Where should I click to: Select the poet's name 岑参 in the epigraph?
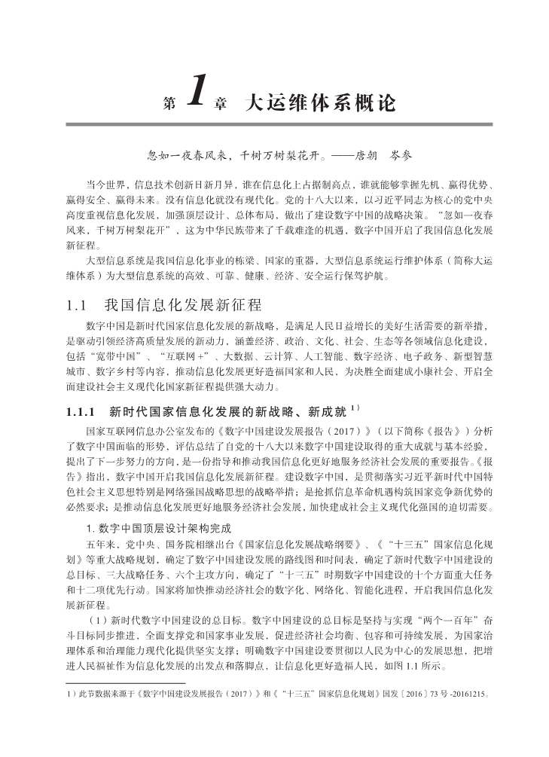[x=399, y=157]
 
